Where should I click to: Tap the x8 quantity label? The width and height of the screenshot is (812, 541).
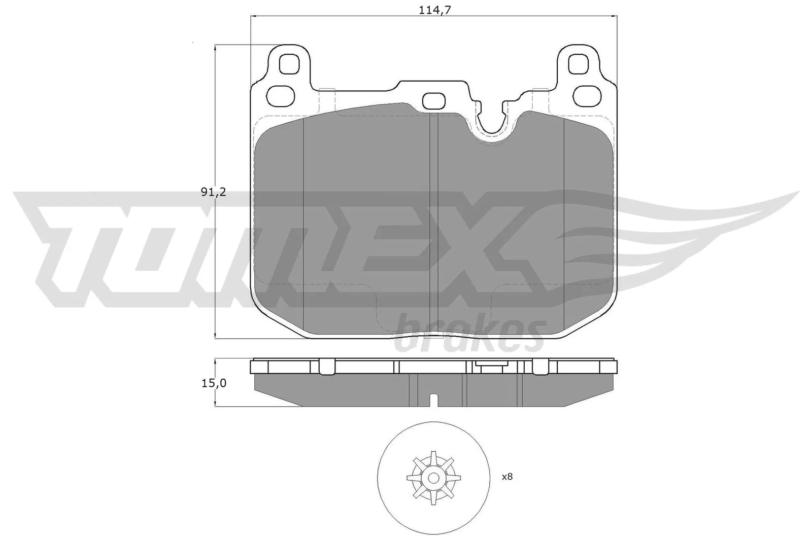(507, 477)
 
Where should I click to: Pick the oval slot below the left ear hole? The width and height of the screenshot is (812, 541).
(281, 95)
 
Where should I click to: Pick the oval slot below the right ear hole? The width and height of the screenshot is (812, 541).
(588, 95)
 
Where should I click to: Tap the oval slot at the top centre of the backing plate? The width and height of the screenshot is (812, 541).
(433, 100)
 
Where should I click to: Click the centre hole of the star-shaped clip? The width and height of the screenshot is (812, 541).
(433, 478)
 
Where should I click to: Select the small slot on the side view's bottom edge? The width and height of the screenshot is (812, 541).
(433, 401)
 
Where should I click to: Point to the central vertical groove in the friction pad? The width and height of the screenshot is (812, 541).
(433, 223)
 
